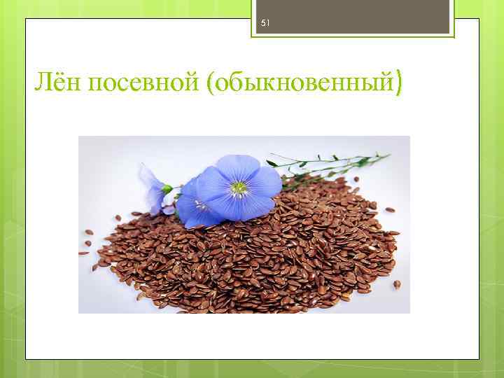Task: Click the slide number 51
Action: point(265,23)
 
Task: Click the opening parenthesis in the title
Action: point(211,85)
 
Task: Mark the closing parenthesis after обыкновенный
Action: point(398,85)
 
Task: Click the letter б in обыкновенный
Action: point(237,85)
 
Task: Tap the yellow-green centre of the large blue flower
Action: point(240,188)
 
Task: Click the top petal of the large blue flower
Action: point(238,168)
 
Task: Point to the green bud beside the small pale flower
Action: point(166,189)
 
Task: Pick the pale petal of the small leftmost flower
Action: point(150,179)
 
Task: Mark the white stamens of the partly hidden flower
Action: point(201,205)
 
